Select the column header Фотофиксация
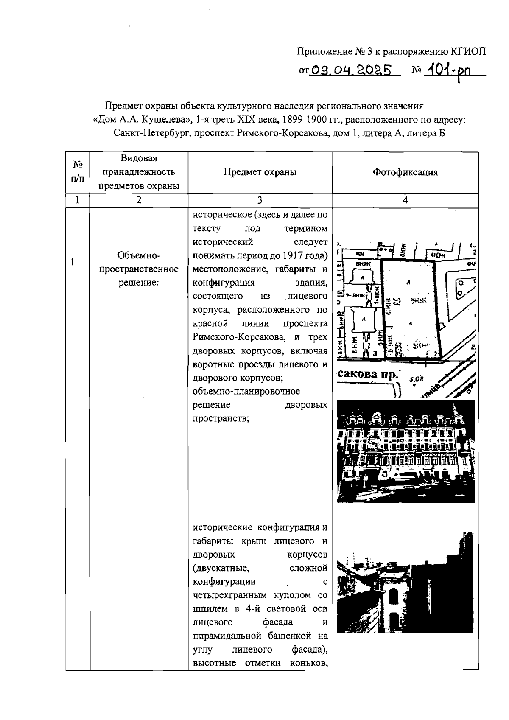click(x=405, y=172)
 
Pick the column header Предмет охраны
click(x=260, y=172)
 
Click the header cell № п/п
click(x=78, y=172)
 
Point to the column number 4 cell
click(x=405, y=201)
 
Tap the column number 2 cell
click(x=139, y=201)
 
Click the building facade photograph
click(x=405, y=451)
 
